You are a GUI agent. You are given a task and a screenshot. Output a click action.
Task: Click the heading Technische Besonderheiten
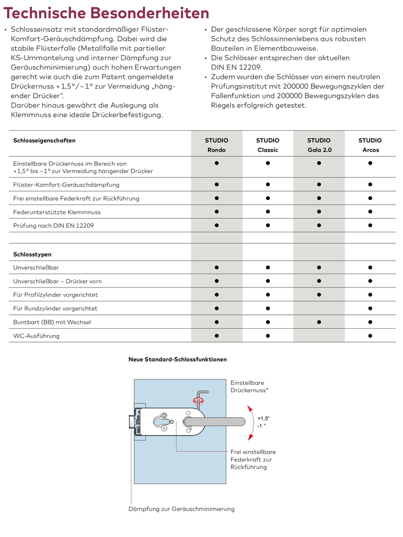click(x=106, y=13)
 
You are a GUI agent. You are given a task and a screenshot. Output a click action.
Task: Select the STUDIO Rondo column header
click(x=216, y=145)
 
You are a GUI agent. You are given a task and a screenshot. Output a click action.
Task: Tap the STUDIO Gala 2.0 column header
click(x=318, y=145)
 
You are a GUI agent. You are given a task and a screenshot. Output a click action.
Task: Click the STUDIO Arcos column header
click(x=370, y=145)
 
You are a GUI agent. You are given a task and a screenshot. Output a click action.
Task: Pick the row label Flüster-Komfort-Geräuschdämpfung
click(x=66, y=184)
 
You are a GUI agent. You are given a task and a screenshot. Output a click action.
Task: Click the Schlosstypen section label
click(x=32, y=254)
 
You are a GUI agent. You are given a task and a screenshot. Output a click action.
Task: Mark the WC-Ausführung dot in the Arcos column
click(x=370, y=336)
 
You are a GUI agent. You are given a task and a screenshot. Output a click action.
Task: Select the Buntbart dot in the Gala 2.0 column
click(x=318, y=322)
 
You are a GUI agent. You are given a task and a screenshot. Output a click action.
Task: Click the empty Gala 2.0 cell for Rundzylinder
click(x=318, y=308)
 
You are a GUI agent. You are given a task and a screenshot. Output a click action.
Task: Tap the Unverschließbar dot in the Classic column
click(x=268, y=268)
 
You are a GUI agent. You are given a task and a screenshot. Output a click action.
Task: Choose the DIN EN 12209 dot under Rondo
click(x=216, y=225)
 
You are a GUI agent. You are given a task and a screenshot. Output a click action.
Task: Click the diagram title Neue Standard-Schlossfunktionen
click(x=178, y=359)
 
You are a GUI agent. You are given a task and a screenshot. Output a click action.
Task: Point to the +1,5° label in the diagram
click(x=264, y=418)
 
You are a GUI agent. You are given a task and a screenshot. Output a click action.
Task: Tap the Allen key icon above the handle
click(x=200, y=396)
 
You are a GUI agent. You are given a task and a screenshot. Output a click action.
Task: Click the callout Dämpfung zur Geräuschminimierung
click(x=181, y=509)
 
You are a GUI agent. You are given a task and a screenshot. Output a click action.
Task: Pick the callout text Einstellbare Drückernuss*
click(x=249, y=386)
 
